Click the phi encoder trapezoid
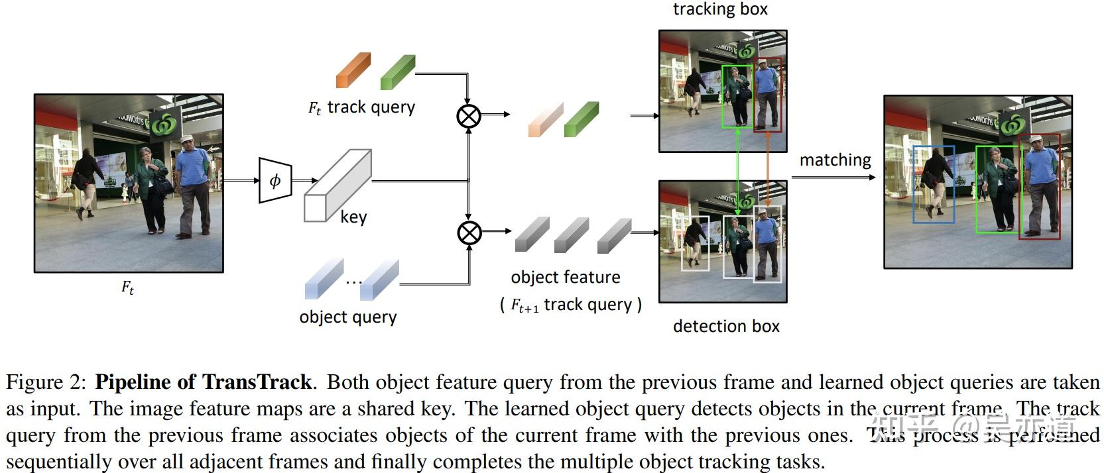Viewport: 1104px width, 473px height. click(x=275, y=180)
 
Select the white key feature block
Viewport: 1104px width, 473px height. click(x=337, y=186)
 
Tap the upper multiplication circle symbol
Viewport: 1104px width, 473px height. click(x=469, y=116)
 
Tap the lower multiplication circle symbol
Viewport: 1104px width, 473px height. click(x=469, y=233)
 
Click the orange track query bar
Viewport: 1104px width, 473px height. click(x=353, y=71)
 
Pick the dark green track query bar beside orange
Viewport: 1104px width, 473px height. click(x=397, y=72)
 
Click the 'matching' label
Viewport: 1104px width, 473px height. click(x=835, y=160)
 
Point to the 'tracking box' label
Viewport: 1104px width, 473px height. click(x=720, y=9)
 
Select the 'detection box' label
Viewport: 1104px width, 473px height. click(x=726, y=326)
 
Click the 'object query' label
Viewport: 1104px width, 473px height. click(x=347, y=317)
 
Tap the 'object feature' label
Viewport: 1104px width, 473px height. click(x=566, y=277)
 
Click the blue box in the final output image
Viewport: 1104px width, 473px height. click(x=933, y=184)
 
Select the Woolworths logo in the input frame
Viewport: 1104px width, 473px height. click(x=164, y=124)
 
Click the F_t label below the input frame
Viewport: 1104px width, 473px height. click(x=127, y=288)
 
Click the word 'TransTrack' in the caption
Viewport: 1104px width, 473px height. click(x=257, y=382)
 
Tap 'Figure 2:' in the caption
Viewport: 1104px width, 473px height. click(x=46, y=382)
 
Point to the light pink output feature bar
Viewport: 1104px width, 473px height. click(x=545, y=120)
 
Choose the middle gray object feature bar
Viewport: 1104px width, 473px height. click(x=571, y=235)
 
